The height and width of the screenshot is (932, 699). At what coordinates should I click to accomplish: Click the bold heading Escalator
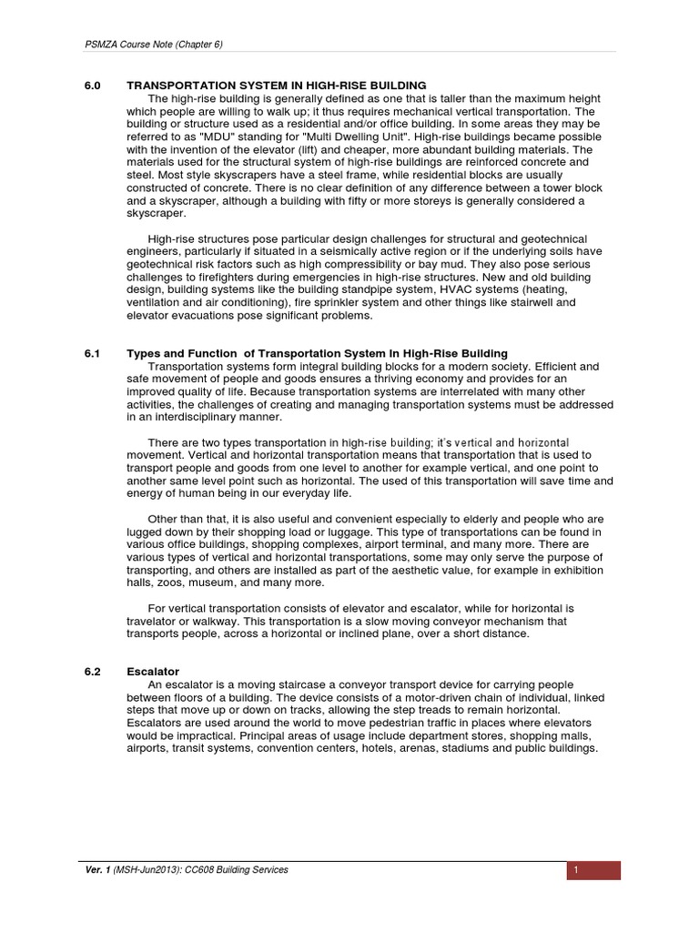[x=152, y=672]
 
